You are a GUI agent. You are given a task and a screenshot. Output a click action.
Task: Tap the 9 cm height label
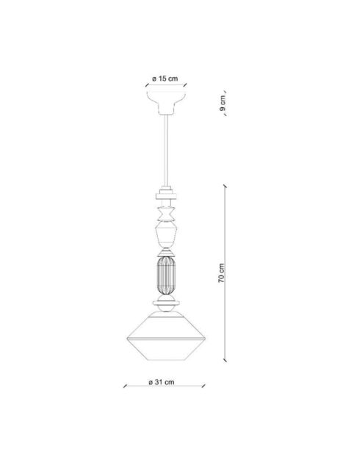click(x=223, y=105)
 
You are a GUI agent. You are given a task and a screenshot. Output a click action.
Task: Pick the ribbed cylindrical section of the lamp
click(x=166, y=273)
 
